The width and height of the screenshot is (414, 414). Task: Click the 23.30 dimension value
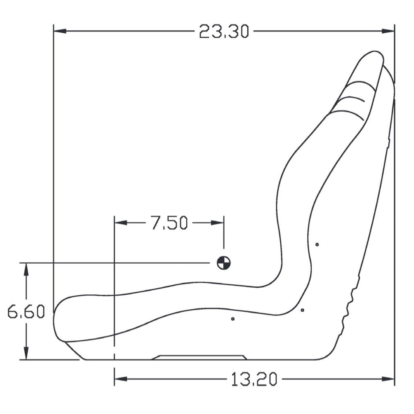pos(224,31)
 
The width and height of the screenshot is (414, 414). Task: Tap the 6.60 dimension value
pos(26,312)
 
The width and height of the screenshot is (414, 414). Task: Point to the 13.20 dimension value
pos(253,379)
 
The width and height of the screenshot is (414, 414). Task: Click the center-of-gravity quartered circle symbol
pos(224,262)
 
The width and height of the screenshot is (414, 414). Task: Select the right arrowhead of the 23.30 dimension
pos(388,31)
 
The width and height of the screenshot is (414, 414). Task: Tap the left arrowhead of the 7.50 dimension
pos(120,223)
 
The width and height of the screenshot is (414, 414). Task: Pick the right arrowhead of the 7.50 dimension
pos(218,223)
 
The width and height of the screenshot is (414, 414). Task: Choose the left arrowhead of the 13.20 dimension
pos(120,379)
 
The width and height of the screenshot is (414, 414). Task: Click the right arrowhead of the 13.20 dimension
pos(388,379)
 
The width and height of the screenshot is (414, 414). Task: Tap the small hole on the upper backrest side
pos(317,244)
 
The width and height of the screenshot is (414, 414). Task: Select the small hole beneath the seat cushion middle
pos(233,319)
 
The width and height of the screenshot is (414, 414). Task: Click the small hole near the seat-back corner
pos(302,310)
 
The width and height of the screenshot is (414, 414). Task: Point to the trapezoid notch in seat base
pos(199,357)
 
